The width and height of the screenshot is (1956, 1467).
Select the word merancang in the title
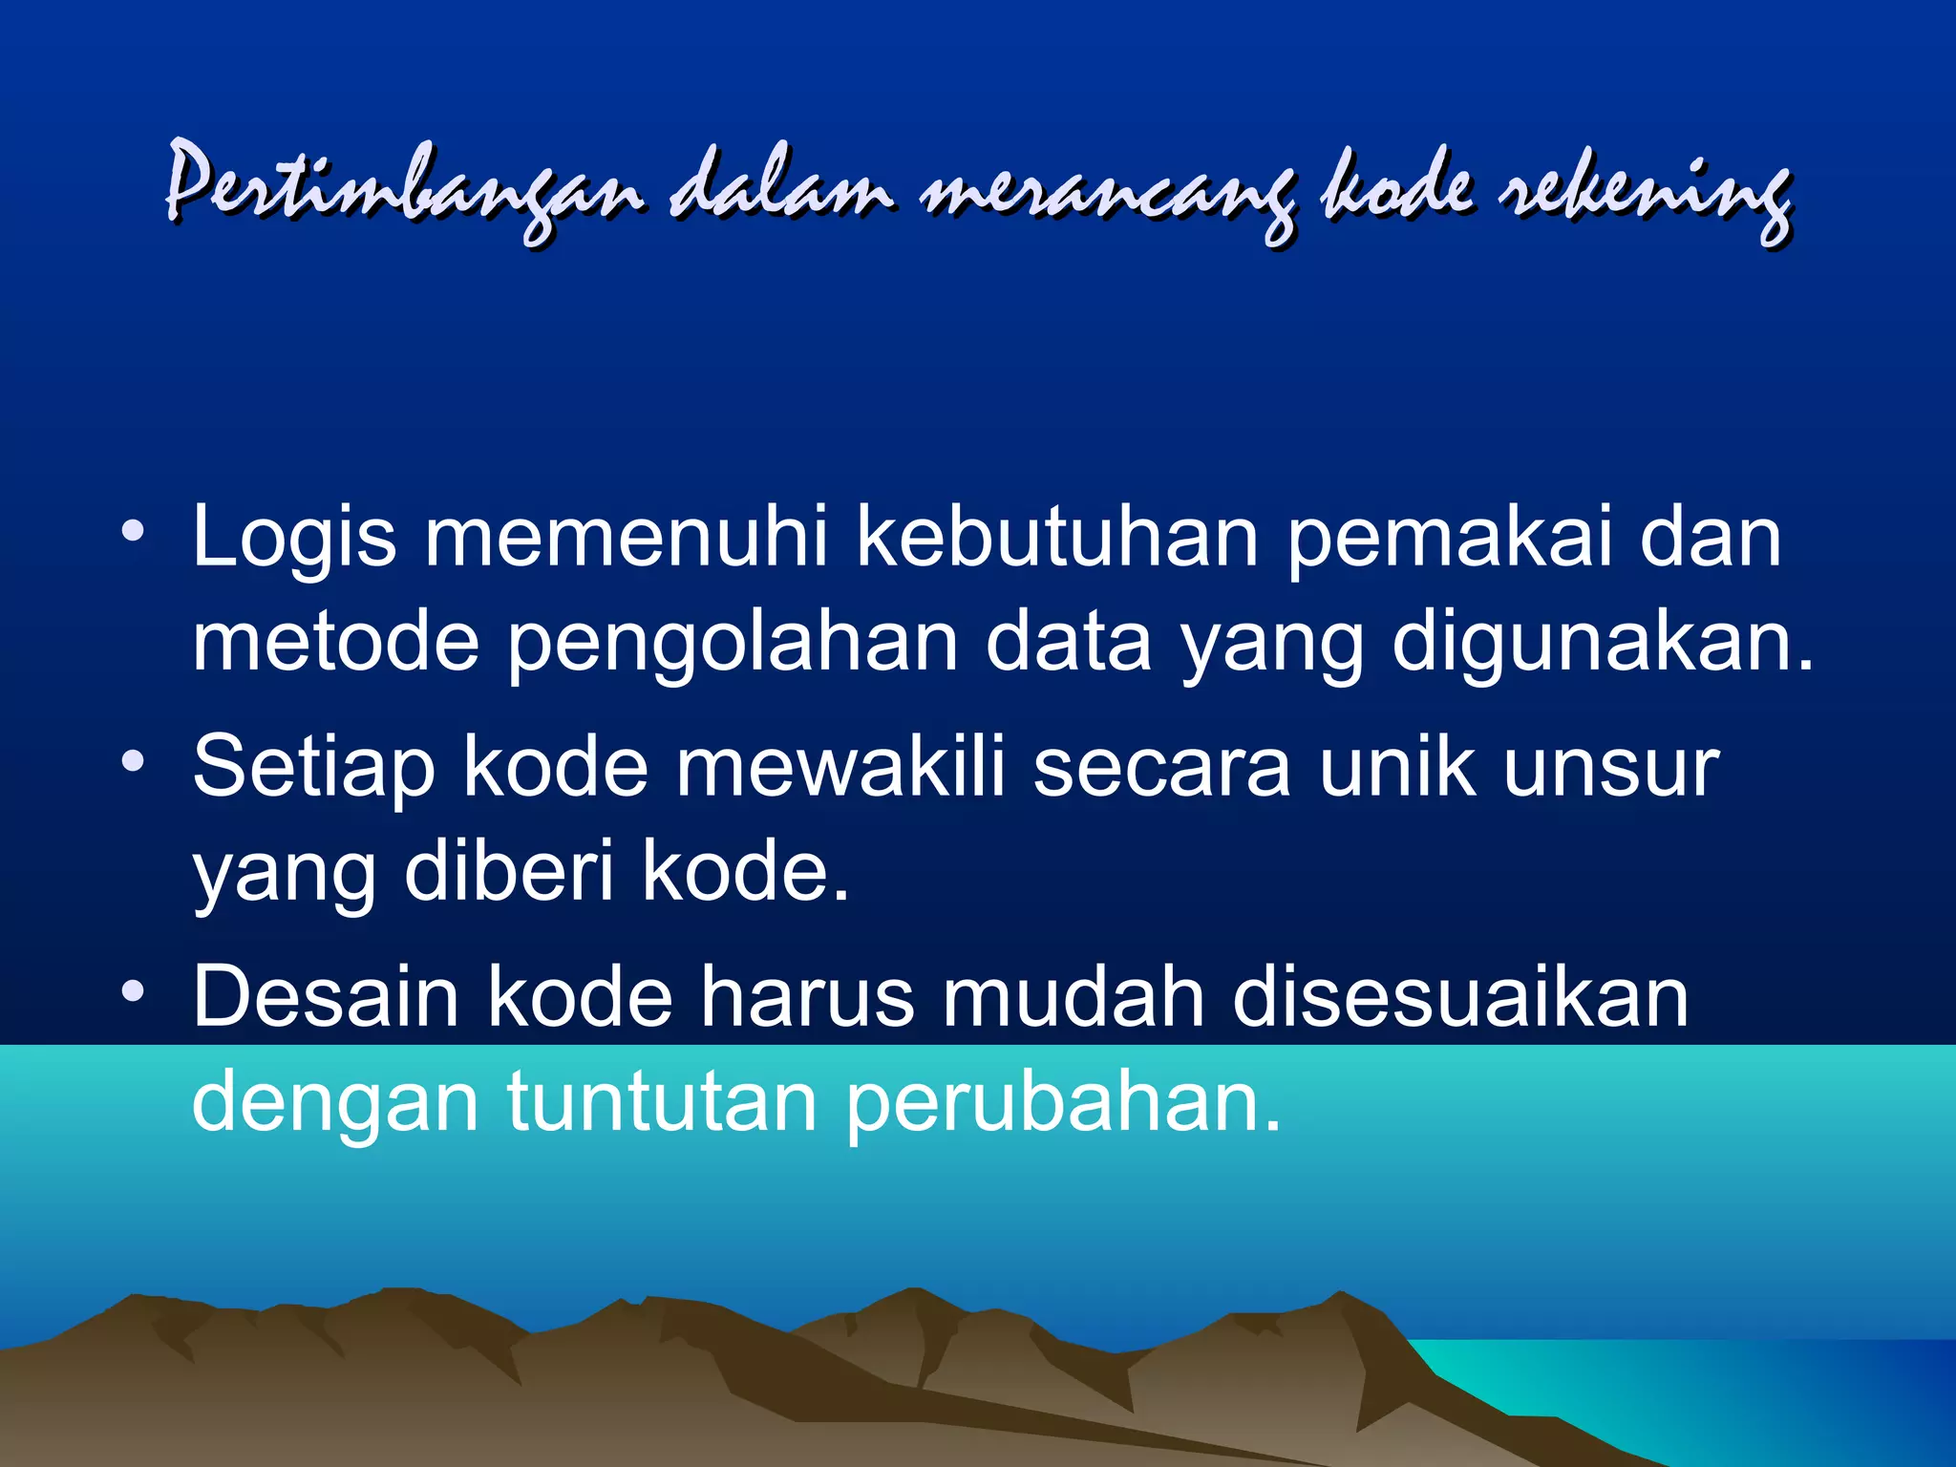tap(1108, 191)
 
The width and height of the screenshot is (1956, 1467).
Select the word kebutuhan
tap(1057, 537)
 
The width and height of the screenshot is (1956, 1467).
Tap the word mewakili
tap(840, 768)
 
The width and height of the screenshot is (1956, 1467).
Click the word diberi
tap(509, 871)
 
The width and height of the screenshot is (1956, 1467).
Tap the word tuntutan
tap(662, 1101)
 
